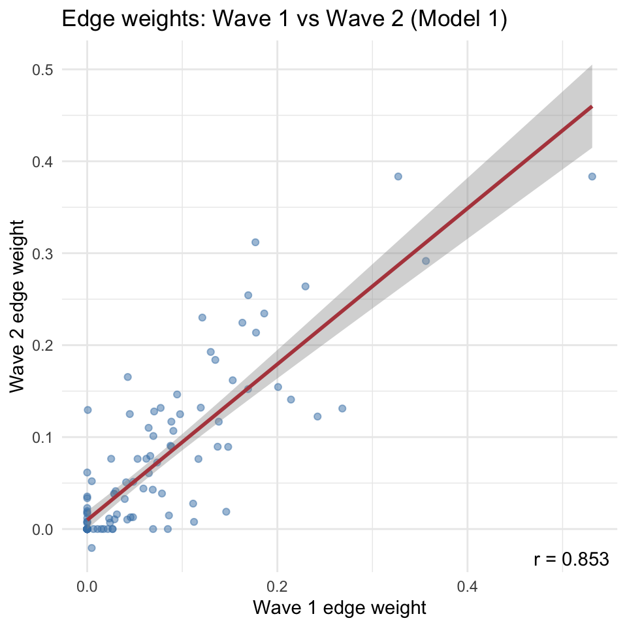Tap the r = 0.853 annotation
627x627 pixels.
point(571,559)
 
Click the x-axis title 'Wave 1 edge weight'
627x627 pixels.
point(339,607)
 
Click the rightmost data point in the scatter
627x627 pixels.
point(592,176)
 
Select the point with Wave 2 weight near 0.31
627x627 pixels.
point(255,242)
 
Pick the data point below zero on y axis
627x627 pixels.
point(91,548)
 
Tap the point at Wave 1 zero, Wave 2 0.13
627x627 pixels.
point(88,410)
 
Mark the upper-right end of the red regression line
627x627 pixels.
point(591,106)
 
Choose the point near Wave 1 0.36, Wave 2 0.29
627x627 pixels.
point(426,261)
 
